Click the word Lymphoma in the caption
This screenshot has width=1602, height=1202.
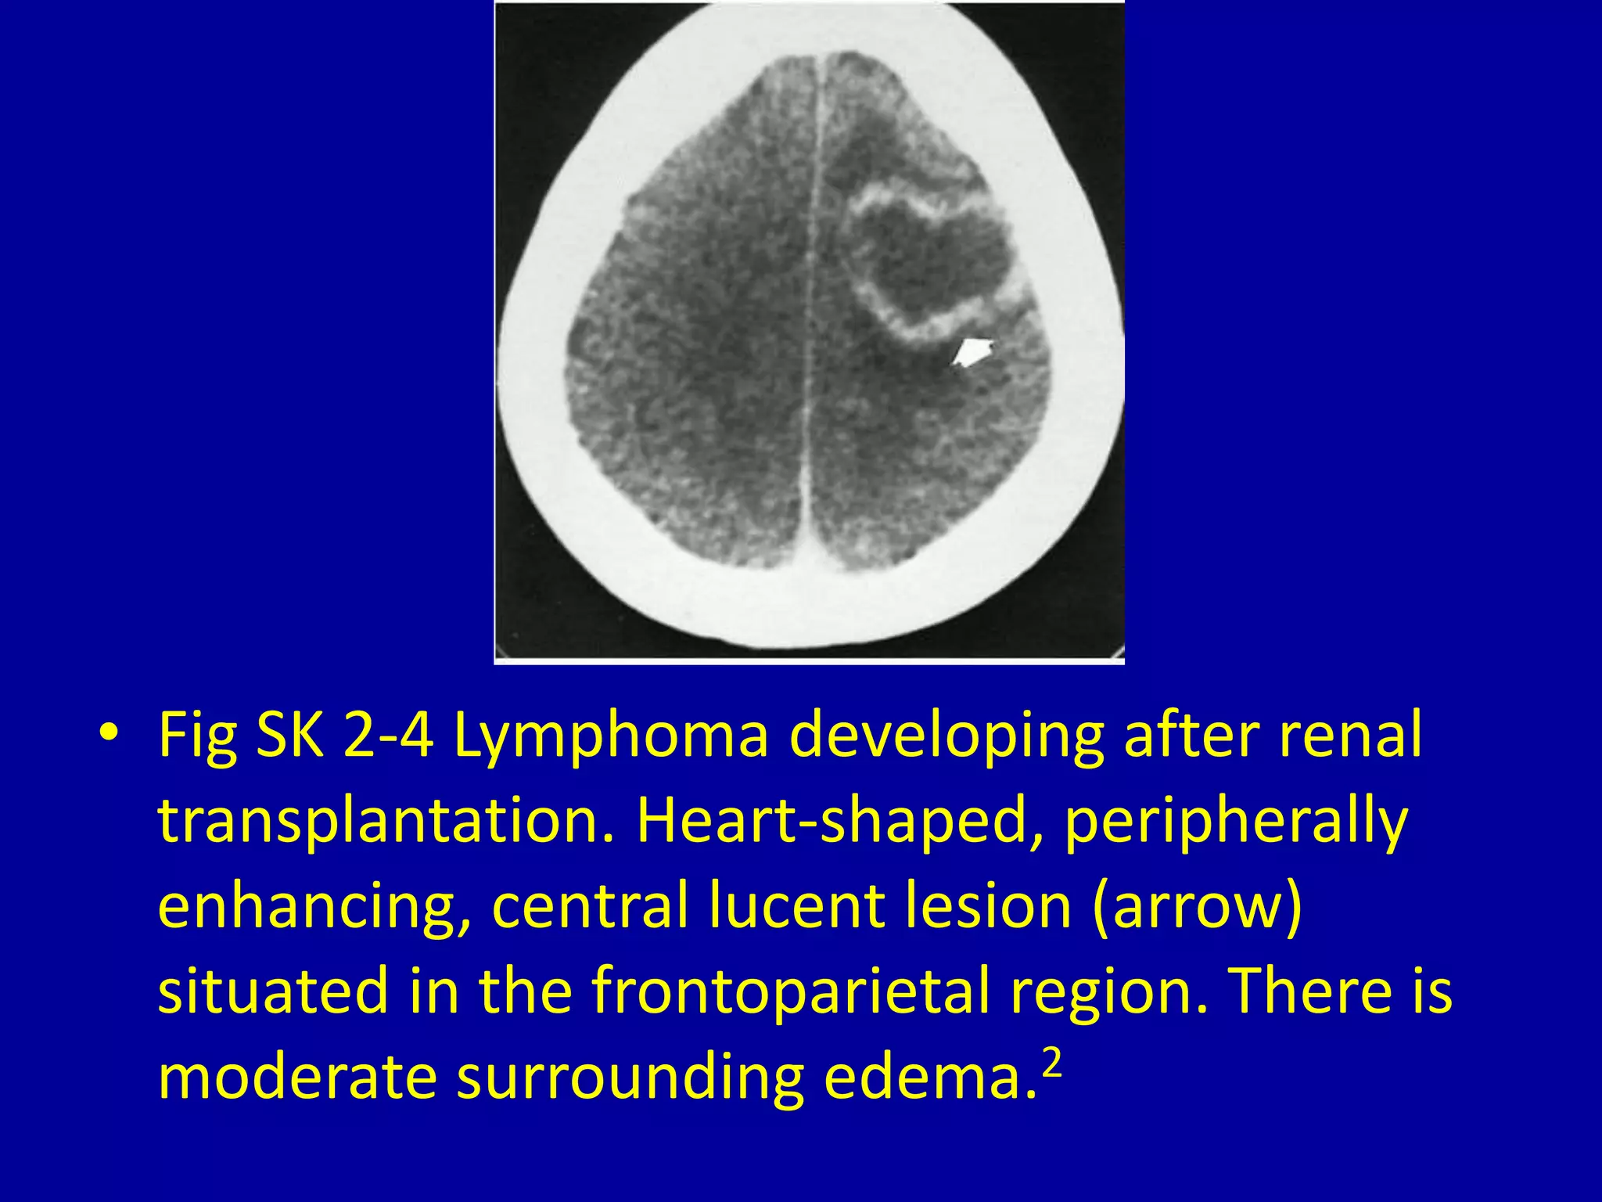[x=611, y=736]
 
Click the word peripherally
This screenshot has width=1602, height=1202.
[x=1236, y=821]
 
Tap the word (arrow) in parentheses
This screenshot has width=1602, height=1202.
[x=1197, y=906]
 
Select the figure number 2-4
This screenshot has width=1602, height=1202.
[x=388, y=736]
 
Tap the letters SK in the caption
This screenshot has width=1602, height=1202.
[x=289, y=736]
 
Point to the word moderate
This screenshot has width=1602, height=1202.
[x=297, y=1077]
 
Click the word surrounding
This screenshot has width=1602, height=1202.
[x=630, y=1077]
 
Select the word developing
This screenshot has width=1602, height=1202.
[x=946, y=736]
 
